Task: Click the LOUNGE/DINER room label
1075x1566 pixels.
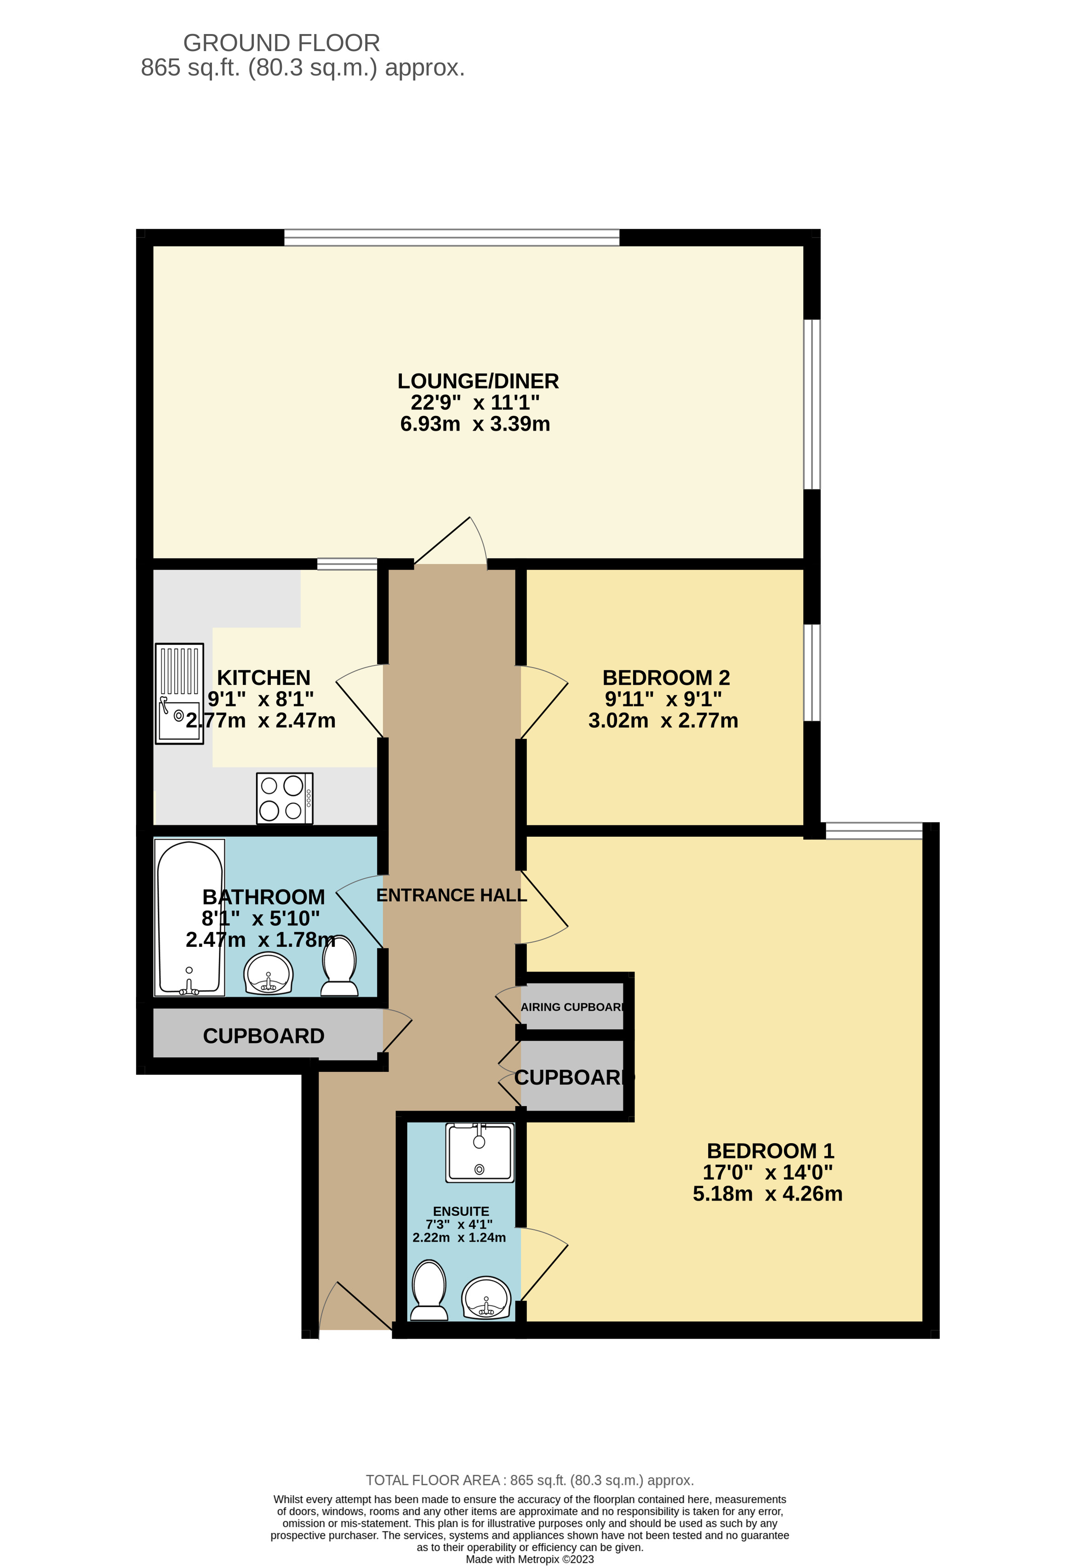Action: click(478, 381)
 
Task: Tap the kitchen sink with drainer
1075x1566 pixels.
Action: click(179, 693)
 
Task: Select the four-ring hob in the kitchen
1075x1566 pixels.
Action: click(284, 798)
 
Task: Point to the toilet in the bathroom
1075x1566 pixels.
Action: click(339, 966)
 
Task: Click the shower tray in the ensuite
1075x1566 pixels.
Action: click(480, 1152)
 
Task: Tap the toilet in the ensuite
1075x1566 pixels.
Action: click(429, 1290)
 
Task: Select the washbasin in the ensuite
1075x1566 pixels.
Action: click(486, 1298)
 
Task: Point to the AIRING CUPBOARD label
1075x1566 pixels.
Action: click(572, 1007)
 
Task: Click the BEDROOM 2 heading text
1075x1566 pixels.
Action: click(665, 677)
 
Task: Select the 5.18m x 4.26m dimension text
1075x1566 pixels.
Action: click(767, 1193)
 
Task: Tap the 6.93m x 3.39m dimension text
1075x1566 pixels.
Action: click(475, 424)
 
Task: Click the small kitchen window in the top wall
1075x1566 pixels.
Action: click(347, 564)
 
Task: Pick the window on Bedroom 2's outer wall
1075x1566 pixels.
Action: click(813, 673)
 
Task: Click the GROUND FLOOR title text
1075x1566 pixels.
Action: click(281, 43)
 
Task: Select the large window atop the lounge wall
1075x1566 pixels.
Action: click(451, 237)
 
